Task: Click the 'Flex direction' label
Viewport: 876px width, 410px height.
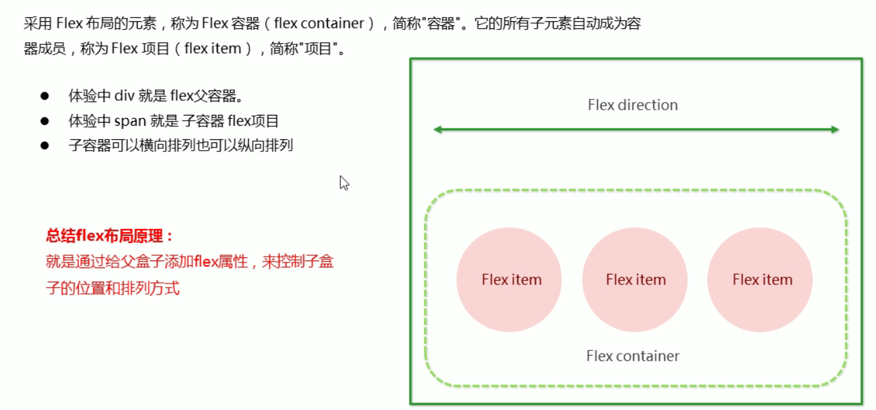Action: click(632, 105)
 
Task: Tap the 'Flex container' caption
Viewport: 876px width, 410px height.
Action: click(632, 355)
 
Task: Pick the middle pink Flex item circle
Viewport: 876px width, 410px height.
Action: click(635, 280)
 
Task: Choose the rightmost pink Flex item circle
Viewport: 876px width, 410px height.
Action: click(760, 280)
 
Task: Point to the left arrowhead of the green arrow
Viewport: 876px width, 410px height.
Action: click(438, 130)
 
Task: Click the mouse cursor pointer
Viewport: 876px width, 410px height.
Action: click(343, 183)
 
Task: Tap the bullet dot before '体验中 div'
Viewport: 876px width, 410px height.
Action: click(45, 96)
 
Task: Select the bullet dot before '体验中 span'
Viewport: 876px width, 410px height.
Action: click(45, 121)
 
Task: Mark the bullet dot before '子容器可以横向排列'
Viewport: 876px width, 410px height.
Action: click(45, 145)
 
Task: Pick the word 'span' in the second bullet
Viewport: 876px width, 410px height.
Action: click(131, 121)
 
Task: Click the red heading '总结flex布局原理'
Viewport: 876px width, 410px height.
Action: click(109, 236)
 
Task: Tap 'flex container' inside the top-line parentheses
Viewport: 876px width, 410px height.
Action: click(318, 24)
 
